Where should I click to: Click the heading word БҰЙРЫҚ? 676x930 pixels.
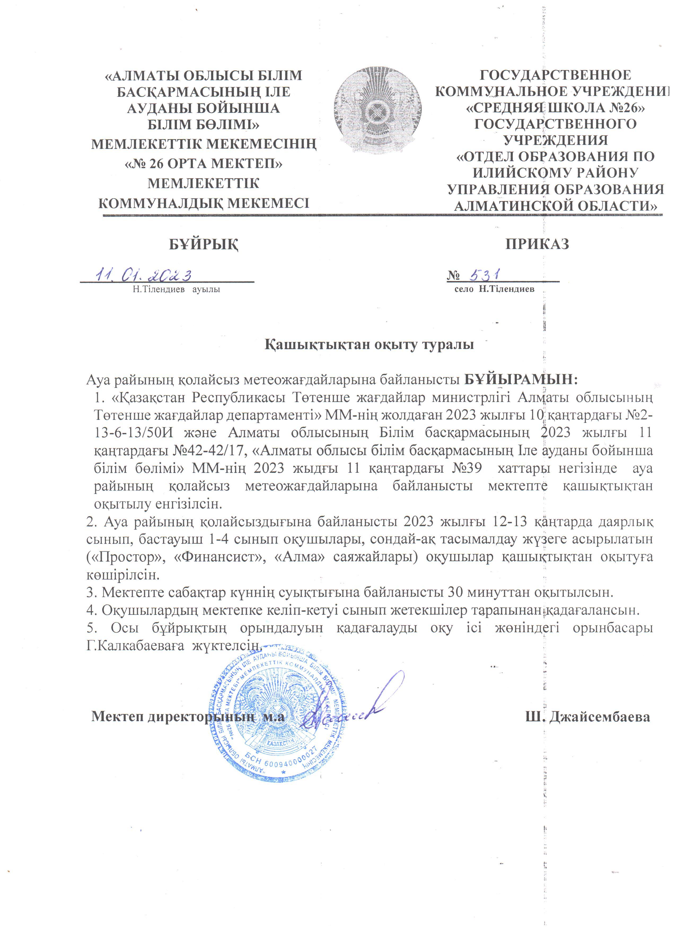[204, 244]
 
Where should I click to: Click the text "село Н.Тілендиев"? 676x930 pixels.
[494, 289]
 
